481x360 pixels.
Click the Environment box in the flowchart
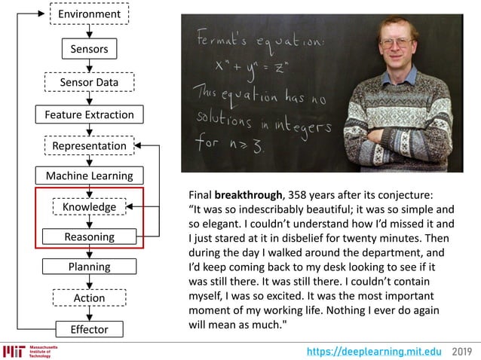[x=89, y=14]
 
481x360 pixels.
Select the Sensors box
[x=89, y=49]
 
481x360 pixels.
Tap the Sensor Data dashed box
[x=89, y=81]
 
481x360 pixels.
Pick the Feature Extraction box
[x=89, y=114]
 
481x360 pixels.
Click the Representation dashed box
[x=89, y=145]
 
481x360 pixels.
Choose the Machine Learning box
[x=89, y=175]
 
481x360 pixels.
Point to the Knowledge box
[x=89, y=206]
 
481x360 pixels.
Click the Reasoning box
[x=89, y=236]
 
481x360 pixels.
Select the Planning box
[x=89, y=267]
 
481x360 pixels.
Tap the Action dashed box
[x=89, y=298]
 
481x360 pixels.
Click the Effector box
[x=89, y=329]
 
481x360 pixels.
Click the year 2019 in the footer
[x=463, y=351]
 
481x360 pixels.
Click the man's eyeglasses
[x=399, y=43]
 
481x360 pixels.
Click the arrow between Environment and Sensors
[x=89, y=31]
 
